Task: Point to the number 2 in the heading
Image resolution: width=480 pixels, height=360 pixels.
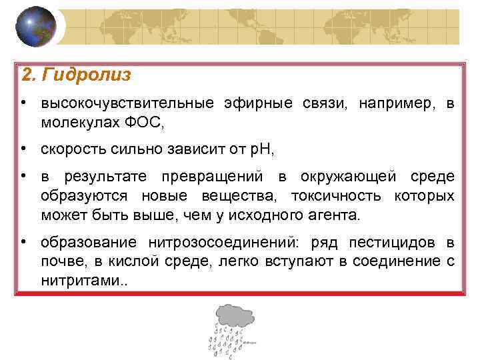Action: tap(27, 75)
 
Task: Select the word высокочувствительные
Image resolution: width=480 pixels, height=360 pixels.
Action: tap(127, 104)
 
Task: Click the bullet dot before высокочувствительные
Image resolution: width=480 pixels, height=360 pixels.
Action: tap(23, 103)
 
